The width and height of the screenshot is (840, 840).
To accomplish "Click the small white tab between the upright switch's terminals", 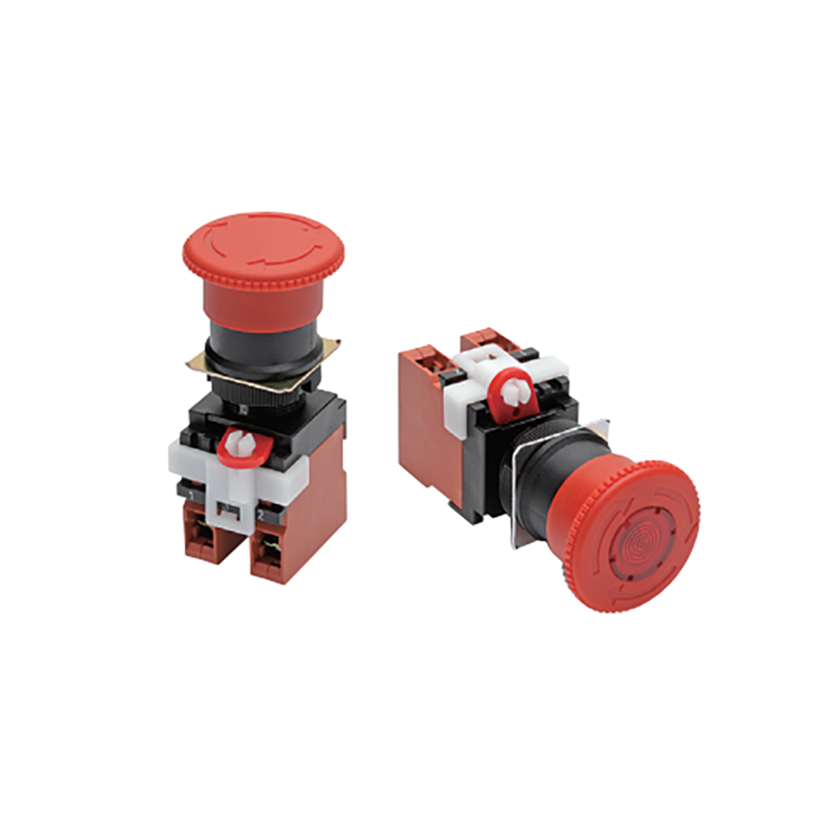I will coord(227,510).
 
